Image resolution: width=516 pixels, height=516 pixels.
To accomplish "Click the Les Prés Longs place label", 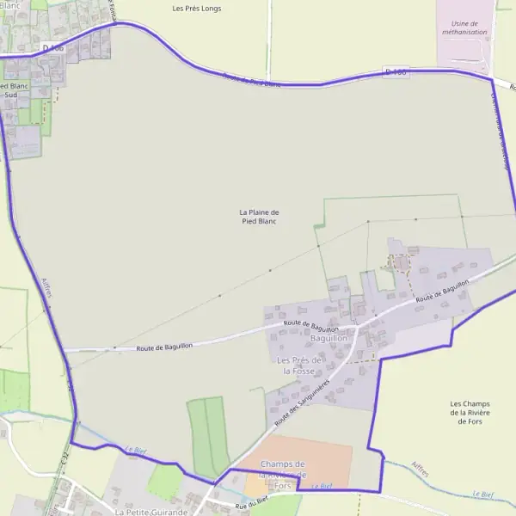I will click(197, 9).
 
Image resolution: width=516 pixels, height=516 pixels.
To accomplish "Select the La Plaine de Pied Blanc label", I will click(260, 217).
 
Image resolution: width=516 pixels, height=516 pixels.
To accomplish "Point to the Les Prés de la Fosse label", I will click(299, 365).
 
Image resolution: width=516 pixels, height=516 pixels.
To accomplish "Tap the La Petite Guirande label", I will click(150, 512).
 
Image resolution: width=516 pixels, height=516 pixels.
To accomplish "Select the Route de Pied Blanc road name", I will click(251, 81).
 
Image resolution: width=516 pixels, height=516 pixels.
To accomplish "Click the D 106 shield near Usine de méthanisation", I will click(396, 73).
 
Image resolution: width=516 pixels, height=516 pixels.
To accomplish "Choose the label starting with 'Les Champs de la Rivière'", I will click(470, 413).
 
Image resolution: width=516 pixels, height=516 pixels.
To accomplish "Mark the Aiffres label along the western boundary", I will click(47, 288).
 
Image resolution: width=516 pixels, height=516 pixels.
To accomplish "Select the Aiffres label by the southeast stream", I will click(421, 467).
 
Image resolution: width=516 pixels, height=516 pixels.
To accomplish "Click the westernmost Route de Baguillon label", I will click(164, 346).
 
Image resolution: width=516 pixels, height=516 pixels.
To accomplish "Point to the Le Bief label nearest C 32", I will click(135, 449).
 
